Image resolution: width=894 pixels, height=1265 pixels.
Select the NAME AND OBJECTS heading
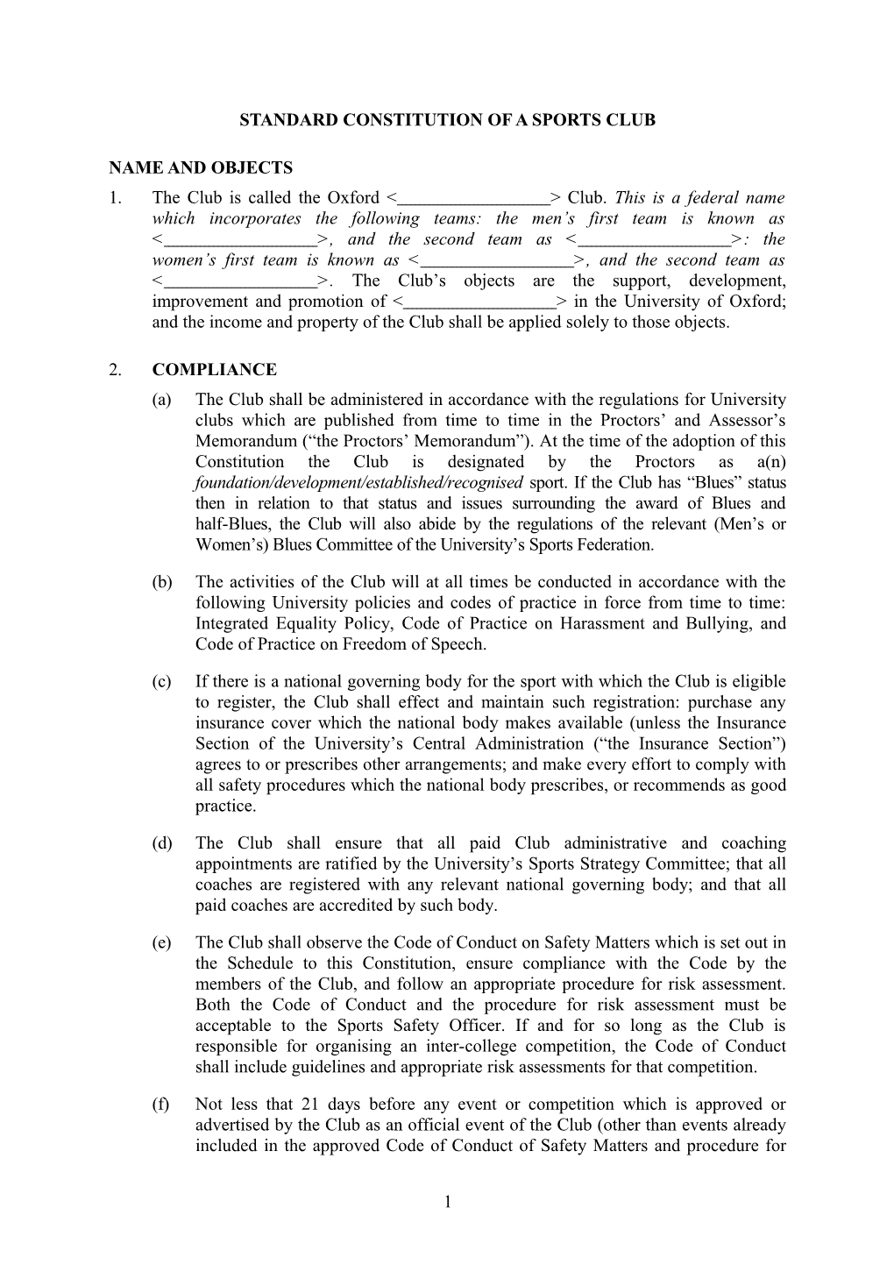click(x=201, y=167)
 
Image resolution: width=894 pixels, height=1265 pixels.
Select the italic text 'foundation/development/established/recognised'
click(x=359, y=483)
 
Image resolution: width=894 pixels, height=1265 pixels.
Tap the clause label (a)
click(x=161, y=400)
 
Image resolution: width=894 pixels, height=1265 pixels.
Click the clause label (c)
click(x=161, y=682)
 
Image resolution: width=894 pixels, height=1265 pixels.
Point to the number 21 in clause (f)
click(x=310, y=1105)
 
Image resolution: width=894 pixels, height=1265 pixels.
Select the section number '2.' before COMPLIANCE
click(x=116, y=370)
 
